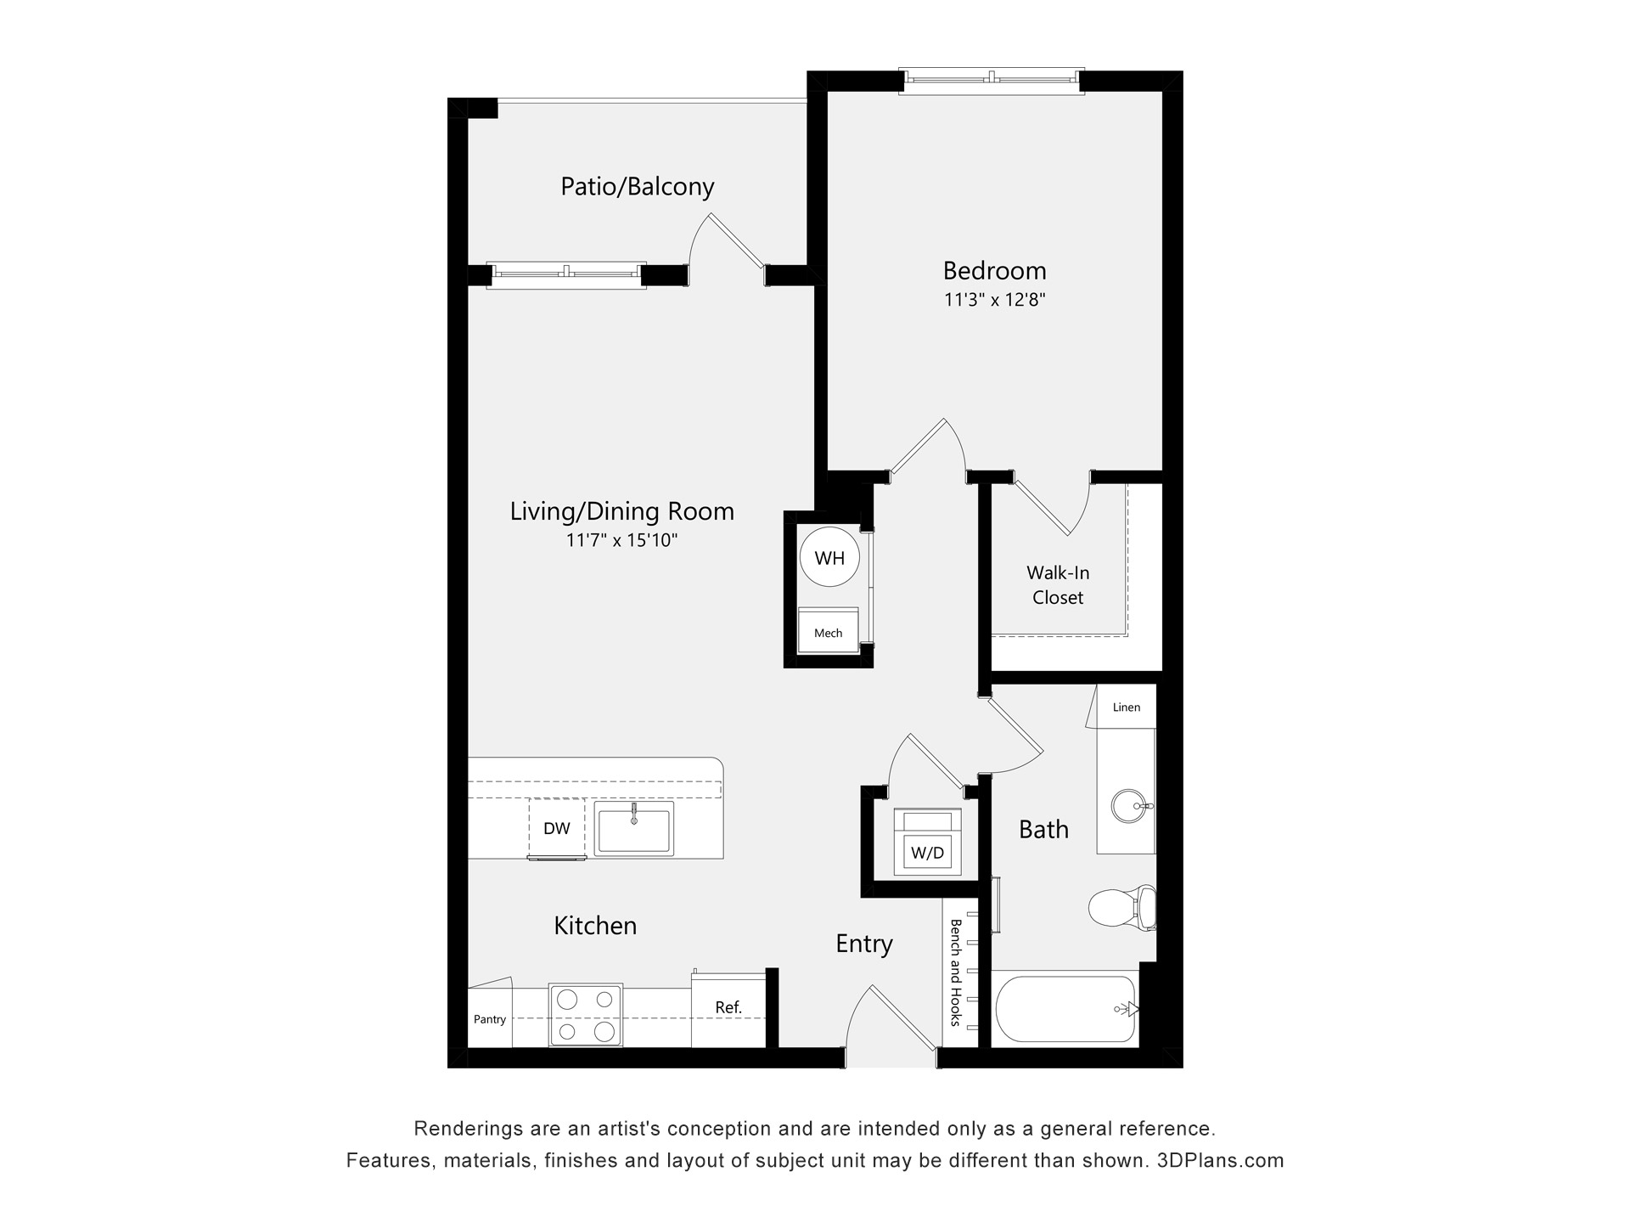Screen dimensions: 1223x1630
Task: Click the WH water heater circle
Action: pos(829,557)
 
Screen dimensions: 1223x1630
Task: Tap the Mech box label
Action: pos(828,633)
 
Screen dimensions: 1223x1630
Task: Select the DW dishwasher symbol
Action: pos(557,828)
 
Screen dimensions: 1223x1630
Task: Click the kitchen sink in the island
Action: pos(633,828)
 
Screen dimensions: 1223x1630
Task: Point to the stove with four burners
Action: pos(586,1016)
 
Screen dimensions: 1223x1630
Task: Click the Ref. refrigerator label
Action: pos(728,1007)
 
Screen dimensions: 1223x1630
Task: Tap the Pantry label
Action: pos(490,1019)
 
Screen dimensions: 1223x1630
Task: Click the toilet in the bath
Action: pos(1122,908)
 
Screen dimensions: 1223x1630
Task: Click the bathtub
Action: pos(1065,1009)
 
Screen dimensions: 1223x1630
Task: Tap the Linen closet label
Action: pos(1127,707)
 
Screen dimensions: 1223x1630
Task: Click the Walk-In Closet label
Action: pos(1058,585)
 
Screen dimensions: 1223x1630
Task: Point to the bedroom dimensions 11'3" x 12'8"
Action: pos(994,300)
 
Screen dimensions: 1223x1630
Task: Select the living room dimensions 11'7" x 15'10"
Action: pos(621,540)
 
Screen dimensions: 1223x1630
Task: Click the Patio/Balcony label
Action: pos(638,186)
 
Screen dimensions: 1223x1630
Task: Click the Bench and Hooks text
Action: pos(955,972)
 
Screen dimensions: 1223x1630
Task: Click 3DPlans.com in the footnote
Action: pos(1220,1160)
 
